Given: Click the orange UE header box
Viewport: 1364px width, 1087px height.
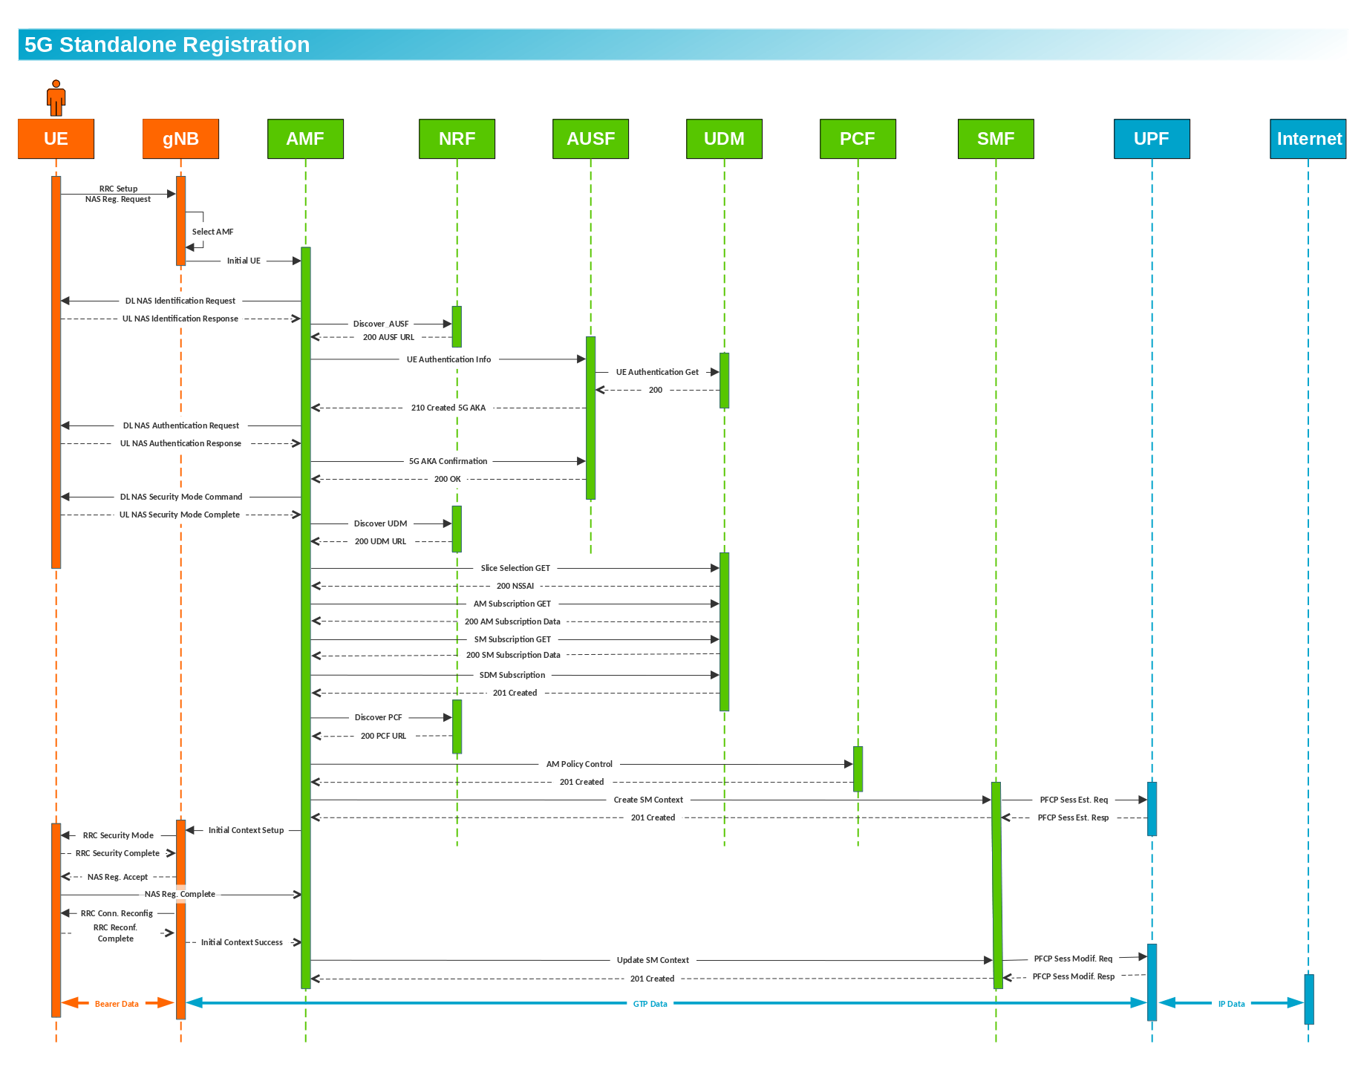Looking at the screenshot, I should point(56,139).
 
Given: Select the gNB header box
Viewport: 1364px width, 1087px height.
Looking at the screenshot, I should point(180,139).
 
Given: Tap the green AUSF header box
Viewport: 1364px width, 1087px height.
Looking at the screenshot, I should point(590,139).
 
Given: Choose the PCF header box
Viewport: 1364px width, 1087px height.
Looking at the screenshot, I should point(858,139).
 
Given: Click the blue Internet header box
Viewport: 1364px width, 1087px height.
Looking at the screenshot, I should point(1308,139).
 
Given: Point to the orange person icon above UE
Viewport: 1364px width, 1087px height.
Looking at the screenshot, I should point(56,98).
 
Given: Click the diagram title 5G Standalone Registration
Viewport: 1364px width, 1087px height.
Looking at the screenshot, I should point(167,45).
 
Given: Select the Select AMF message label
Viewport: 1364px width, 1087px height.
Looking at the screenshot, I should point(212,232).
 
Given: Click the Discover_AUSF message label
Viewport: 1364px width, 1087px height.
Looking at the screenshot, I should point(380,324).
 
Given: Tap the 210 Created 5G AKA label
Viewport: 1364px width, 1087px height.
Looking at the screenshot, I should point(448,408).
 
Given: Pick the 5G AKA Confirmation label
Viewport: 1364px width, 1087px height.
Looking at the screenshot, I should point(448,461).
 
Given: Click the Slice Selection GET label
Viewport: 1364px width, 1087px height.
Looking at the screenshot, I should point(515,568).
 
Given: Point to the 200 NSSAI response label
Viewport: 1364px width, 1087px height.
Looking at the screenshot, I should point(515,586).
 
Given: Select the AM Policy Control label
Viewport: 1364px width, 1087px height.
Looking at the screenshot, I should point(579,764).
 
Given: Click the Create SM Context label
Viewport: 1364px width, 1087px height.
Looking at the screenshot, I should point(648,800).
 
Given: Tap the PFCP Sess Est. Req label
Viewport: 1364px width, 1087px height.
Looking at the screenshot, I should point(1074,800).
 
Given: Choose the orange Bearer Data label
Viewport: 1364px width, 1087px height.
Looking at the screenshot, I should point(117,1004).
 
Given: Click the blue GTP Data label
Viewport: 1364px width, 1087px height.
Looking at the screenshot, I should point(650,1004).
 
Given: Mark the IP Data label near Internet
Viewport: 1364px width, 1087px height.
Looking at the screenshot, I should point(1231,1004).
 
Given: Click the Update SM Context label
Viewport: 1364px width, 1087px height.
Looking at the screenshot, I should point(653,960).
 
